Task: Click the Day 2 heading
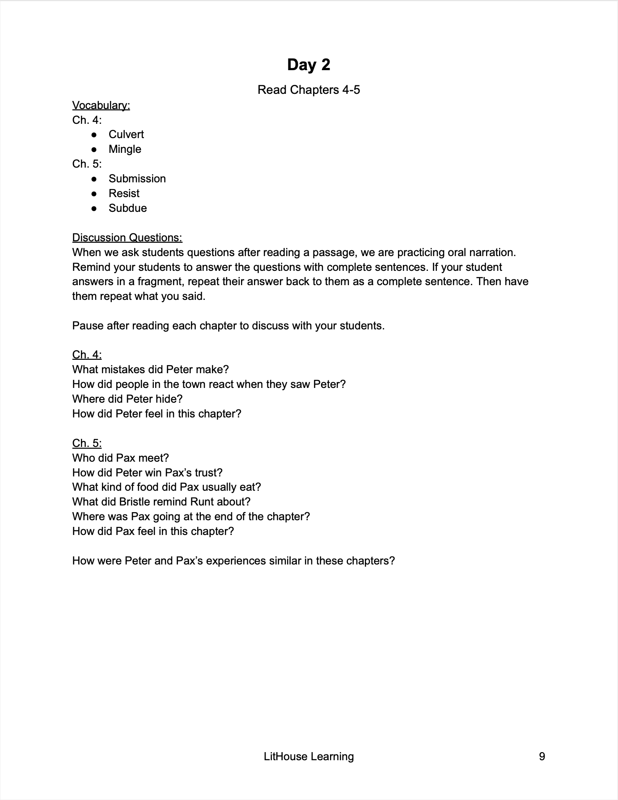click(309, 65)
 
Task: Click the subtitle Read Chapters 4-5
click(309, 90)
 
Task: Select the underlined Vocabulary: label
click(101, 105)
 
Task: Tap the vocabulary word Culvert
click(126, 135)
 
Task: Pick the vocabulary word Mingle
click(125, 149)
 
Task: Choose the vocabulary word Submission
click(137, 179)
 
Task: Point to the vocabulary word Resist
click(124, 194)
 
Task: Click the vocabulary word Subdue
click(127, 208)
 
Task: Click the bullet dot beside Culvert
click(94, 135)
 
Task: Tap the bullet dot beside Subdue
click(94, 208)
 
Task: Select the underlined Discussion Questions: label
click(127, 237)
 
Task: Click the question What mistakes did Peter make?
click(150, 370)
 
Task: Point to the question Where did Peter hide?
click(127, 399)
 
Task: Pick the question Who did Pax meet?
click(120, 458)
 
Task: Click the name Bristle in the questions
click(136, 502)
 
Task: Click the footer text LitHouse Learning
click(309, 757)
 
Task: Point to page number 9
click(542, 757)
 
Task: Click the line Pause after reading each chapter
click(228, 326)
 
